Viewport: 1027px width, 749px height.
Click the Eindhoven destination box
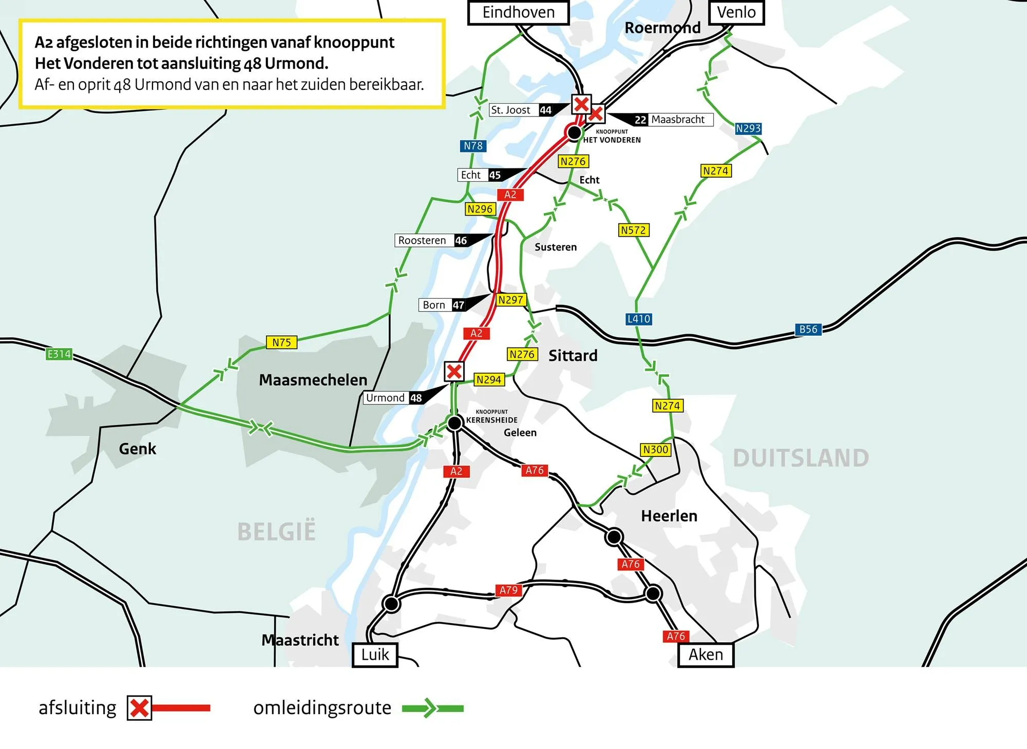coord(519,12)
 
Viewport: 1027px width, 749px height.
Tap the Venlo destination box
coord(736,12)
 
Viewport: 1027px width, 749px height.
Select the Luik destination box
coord(375,655)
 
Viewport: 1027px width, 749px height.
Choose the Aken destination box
coord(706,655)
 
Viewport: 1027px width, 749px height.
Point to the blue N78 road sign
coord(473,146)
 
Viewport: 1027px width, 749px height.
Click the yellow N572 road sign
coord(633,230)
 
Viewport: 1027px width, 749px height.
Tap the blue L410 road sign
coord(639,319)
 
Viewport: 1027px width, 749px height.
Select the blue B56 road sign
coord(808,329)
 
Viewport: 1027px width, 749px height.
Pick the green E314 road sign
coord(59,354)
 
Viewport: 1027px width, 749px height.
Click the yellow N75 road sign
coord(281,342)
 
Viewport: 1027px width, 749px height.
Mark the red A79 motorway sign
coord(508,590)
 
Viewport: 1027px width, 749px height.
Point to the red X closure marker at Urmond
coord(454,371)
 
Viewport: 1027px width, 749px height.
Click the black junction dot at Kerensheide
coord(454,422)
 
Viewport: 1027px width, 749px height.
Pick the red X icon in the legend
coord(139,708)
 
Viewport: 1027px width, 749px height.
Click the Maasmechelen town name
coord(313,380)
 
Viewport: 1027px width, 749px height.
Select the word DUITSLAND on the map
coord(801,458)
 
